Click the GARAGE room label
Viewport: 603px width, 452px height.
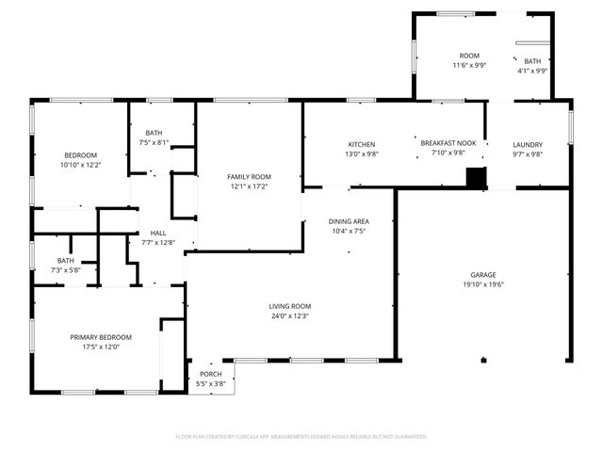(x=483, y=275)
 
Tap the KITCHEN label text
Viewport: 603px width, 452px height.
(x=362, y=144)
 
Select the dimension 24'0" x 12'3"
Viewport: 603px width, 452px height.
(x=290, y=316)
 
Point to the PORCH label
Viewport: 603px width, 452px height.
(x=211, y=374)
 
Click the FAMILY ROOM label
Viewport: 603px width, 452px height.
(x=249, y=177)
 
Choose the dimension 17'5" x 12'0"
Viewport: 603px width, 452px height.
(x=101, y=347)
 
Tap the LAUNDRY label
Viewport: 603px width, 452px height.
(x=528, y=145)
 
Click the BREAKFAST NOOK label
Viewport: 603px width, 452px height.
(x=448, y=143)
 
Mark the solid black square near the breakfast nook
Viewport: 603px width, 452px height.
(x=476, y=177)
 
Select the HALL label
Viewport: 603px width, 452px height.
(x=158, y=233)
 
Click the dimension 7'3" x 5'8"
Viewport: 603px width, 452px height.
(x=66, y=270)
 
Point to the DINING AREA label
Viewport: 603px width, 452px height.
(x=349, y=221)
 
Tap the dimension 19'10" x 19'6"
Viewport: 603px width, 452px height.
(x=483, y=284)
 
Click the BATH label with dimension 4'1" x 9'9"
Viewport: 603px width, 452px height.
(x=532, y=61)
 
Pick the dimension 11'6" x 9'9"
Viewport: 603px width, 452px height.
(x=469, y=65)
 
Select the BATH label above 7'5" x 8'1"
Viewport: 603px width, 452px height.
(x=154, y=133)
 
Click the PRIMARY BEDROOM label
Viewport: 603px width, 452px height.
(x=101, y=337)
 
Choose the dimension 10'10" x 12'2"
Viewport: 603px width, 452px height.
(x=81, y=165)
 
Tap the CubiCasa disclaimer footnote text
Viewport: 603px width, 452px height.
(x=301, y=437)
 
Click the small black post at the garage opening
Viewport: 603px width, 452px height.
(x=483, y=360)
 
